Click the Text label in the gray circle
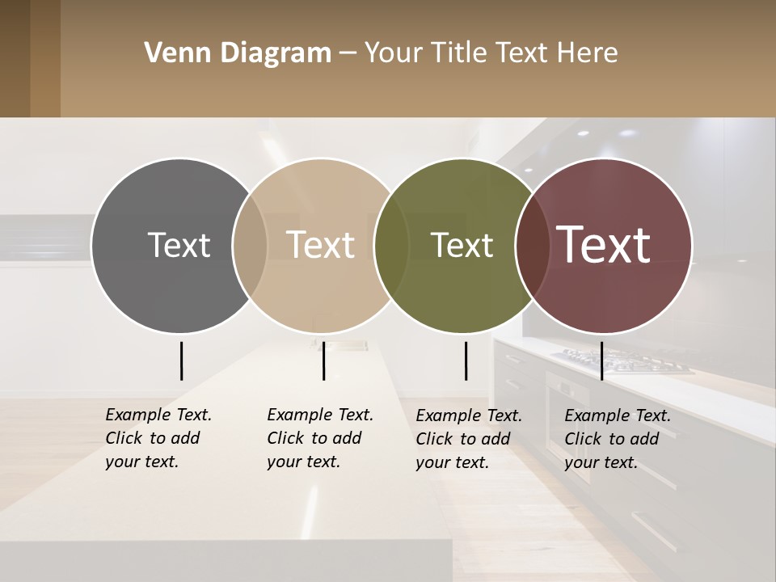coord(179,245)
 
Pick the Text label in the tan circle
coord(321,245)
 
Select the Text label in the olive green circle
coord(462,245)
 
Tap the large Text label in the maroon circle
coord(604,245)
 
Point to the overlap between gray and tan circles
coord(250,245)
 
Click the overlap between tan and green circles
coord(391,245)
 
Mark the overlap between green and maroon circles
coord(532,245)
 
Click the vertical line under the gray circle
coord(181,361)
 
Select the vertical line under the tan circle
coord(323,361)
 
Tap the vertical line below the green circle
coord(466,361)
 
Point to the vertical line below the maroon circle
coord(601,361)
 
